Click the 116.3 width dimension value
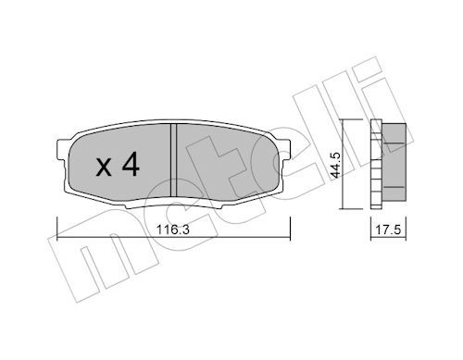pyautogui.click(x=172, y=230)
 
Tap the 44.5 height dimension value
pyautogui.click(x=334, y=165)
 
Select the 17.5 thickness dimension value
pyautogui.click(x=388, y=230)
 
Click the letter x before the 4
pyautogui.click(x=104, y=168)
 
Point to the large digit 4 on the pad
pyautogui.click(x=131, y=165)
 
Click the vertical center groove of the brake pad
pyautogui.click(x=173, y=159)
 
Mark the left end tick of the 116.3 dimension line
pyautogui.click(x=57, y=229)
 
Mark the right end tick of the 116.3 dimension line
pyautogui.click(x=290, y=229)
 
